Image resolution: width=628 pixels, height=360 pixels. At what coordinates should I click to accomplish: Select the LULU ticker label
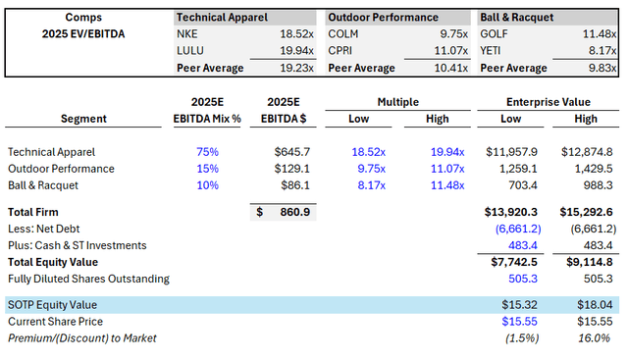point(191,50)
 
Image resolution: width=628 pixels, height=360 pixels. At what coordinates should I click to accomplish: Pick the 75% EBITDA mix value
point(207,152)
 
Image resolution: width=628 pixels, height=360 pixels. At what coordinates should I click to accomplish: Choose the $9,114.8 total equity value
point(586,263)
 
